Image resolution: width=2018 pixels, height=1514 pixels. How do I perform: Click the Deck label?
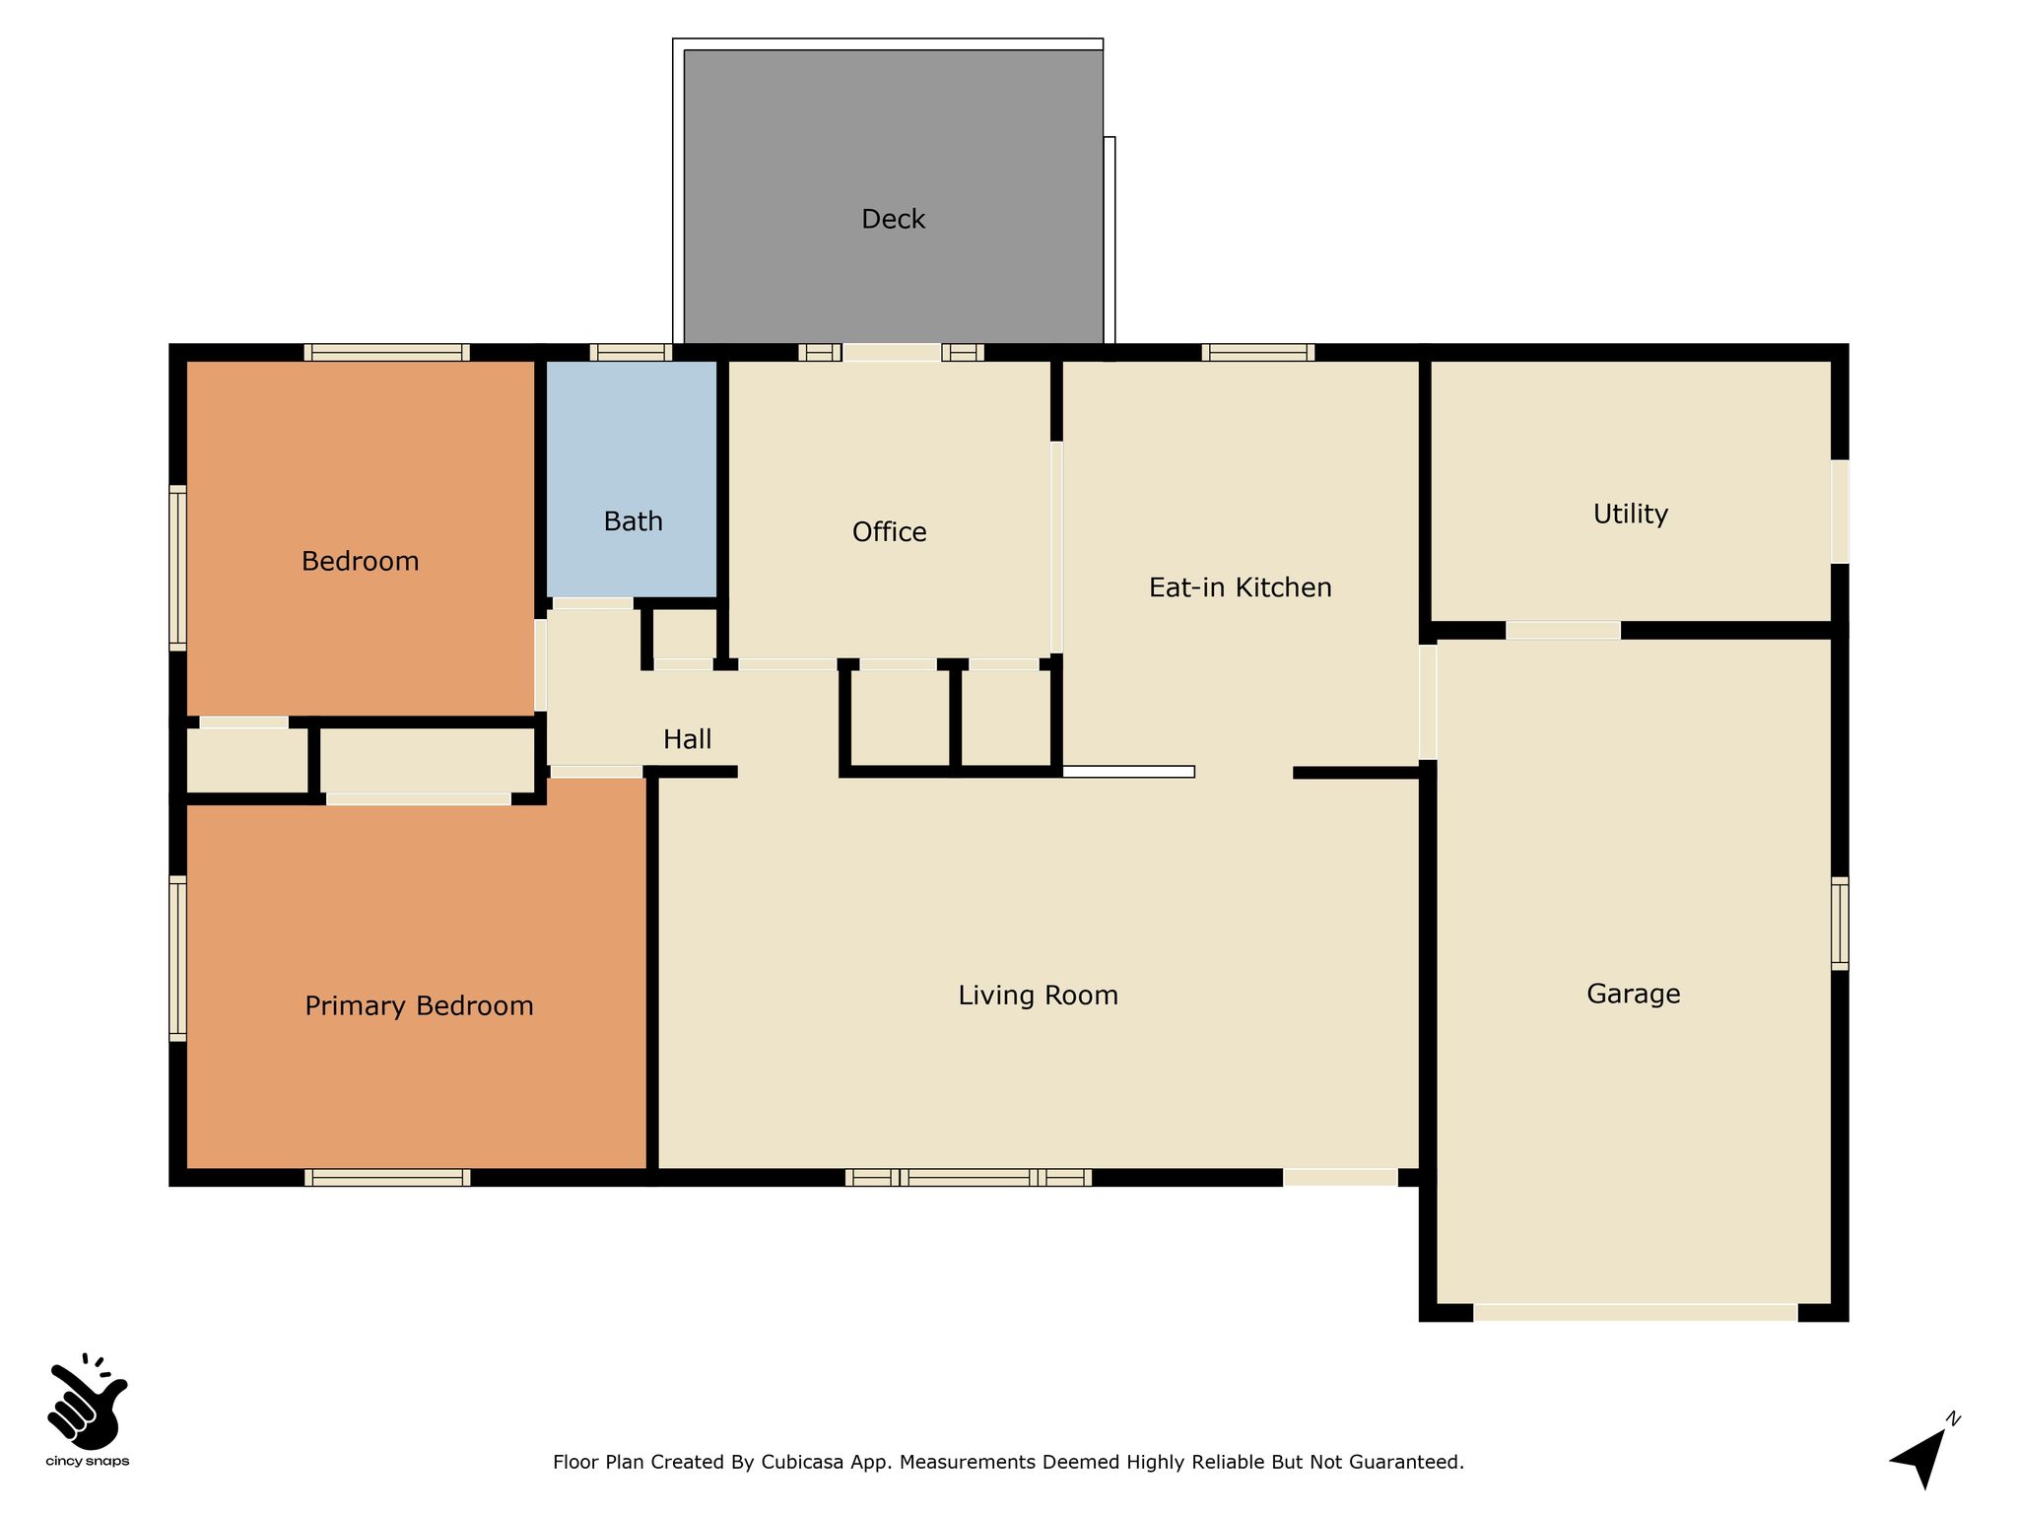coord(893,219)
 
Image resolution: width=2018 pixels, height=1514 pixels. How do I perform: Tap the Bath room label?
coord(633,521)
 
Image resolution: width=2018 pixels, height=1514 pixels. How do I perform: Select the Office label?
coord(889,532)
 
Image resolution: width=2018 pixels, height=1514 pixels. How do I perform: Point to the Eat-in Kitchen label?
coord(1240,587)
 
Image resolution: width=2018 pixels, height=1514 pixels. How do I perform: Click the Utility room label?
coord(1630,515)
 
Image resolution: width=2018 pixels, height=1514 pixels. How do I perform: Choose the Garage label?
coord(1633,994)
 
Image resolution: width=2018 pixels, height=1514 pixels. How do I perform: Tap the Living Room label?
coord(1038,996)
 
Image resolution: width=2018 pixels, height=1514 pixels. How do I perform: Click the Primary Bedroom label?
coord(419,1006)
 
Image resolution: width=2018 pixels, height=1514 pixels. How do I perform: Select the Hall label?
coord(687,739)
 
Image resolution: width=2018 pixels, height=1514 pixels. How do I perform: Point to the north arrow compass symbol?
coord(1922,1453)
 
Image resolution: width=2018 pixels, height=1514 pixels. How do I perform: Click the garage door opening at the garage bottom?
coord(1635,1312)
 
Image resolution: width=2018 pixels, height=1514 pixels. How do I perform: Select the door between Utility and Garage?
coord(1563,630)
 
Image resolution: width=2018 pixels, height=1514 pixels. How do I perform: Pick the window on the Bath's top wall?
coord(631,352)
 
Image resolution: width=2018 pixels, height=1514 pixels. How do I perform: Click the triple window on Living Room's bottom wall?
coord(969,1177)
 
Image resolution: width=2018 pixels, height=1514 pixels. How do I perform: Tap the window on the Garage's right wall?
coord(1840,924)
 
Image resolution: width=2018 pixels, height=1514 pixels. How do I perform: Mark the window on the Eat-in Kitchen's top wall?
coord(1257,352)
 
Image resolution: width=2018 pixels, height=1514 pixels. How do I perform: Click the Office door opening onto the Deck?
coord(892,352)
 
